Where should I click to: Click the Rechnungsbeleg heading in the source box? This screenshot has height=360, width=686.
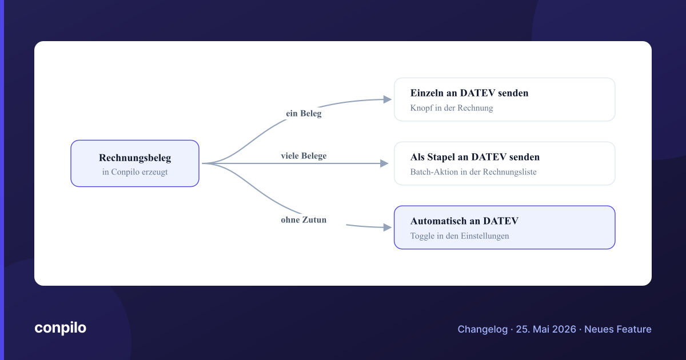click(x=135, y=158)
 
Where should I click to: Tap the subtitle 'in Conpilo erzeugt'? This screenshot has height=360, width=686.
click(x=135, y=172)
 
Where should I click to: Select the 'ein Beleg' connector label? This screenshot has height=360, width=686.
click(x=304, y=114)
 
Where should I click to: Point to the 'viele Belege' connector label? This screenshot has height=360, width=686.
click(x=304, y=156)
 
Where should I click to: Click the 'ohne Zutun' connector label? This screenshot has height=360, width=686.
click(x=304, y=220)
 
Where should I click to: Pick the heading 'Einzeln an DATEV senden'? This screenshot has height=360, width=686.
click(x=469, y=93)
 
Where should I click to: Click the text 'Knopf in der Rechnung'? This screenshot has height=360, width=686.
click(x=452, y=108)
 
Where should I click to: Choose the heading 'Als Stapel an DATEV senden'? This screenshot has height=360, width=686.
click(x=475, y=157)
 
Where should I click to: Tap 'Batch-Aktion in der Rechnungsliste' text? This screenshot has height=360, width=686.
click(x=473, y=172)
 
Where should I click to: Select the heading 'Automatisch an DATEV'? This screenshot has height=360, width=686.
click(x=464, y=221)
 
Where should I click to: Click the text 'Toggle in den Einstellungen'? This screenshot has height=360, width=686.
click(x=460, y=236)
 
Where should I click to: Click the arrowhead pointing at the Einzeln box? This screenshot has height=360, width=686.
click(x=388, y=99)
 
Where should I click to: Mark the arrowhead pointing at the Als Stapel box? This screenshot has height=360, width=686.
click(x=384, y=163)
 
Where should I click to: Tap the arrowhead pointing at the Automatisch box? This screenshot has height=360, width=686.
click(x=388, y=227)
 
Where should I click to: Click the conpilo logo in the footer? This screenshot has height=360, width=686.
click(x=61, y=328)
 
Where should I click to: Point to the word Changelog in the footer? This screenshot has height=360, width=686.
click(x=482, y=329)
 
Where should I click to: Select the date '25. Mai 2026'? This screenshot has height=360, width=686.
click(x=546, y=329)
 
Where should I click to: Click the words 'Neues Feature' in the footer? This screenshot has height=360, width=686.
click(x=618, y=329)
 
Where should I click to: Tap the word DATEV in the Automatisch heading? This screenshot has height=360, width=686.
click(x=501, y=221)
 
